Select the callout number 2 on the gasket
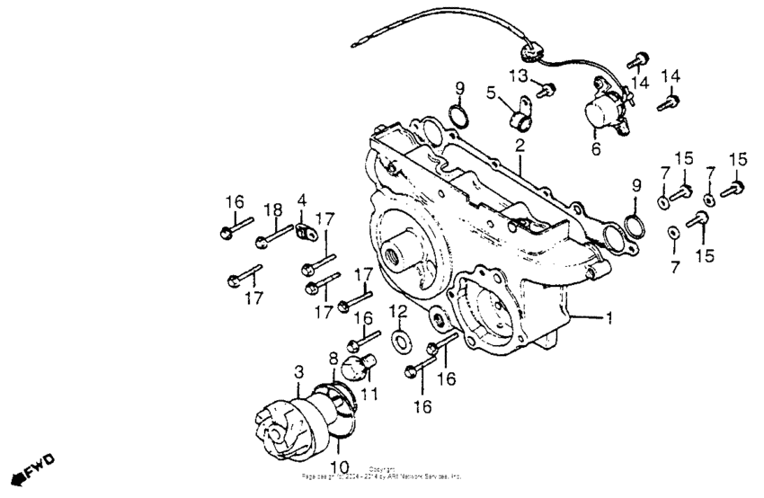coord(520,145)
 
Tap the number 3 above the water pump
coord(300,370)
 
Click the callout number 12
coord(397,311)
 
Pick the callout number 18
coord(268,209)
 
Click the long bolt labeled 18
coord(276,238)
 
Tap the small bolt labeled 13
coord(546,88)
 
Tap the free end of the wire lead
coord(356,40)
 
